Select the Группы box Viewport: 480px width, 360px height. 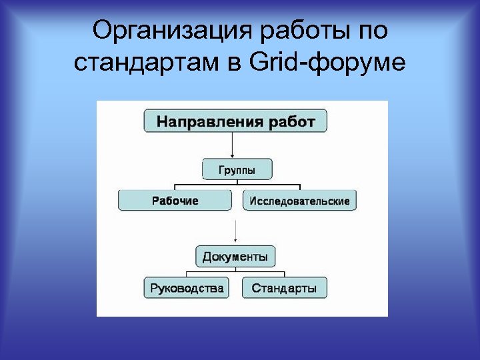[x=237, y=169]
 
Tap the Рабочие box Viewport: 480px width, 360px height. [x=175, y=201]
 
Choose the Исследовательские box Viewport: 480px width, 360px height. [x=299, y=201]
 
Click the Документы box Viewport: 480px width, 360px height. [x=235, y=256]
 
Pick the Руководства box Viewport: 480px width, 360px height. [x=186, y=288]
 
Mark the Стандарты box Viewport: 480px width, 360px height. [x=284, y=288]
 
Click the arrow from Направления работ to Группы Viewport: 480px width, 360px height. [x=232, y=145]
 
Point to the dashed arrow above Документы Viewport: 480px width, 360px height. [x=235, y=231]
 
